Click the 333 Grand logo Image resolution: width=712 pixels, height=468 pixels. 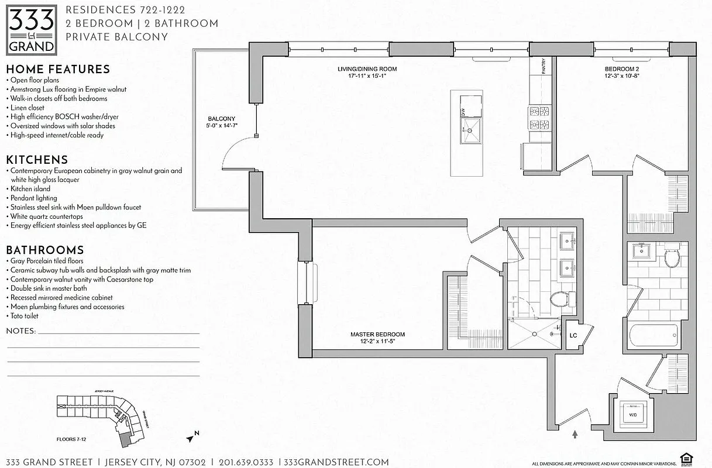coord(32,29)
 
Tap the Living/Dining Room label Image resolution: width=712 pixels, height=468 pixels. coord(362,72)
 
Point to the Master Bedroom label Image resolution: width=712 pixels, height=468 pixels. coord(377,338)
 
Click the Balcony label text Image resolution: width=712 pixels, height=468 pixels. coord(221,122)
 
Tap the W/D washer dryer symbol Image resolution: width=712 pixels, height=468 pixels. coord(633,414)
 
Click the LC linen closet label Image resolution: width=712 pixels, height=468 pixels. coord(574,336)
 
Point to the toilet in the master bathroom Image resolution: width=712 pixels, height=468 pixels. coord(560,300)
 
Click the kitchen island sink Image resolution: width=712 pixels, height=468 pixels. coord(471,130)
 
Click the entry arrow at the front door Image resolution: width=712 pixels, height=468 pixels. coord(575,434)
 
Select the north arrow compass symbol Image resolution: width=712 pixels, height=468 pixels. coord(191,436)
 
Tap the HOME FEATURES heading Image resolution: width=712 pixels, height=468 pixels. coord(58,69)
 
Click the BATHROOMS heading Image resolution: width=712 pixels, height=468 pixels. coord(44,250)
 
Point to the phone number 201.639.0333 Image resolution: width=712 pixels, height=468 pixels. coord(246,462)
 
